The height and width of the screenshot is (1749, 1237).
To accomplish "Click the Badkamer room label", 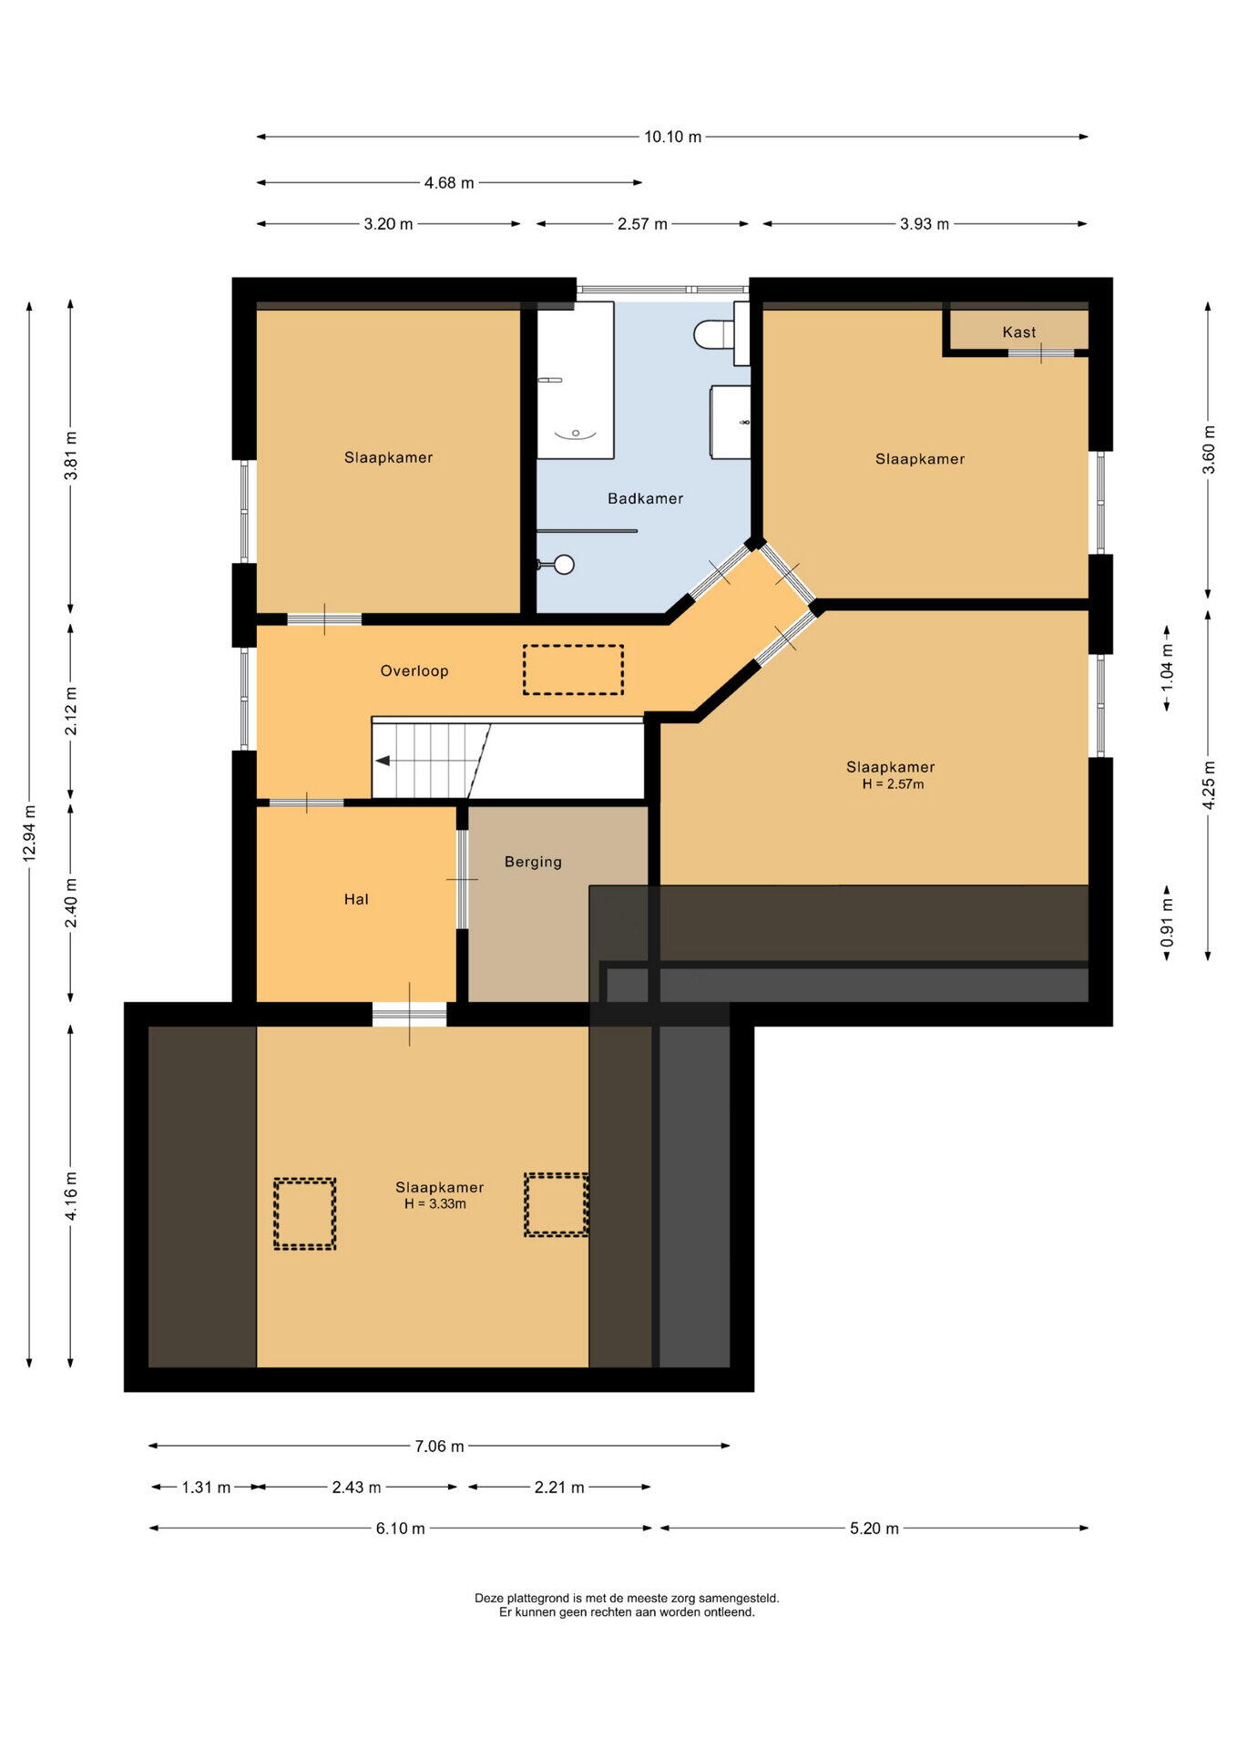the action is point(645,498).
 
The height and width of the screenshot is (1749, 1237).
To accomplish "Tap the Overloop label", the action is point(414,671).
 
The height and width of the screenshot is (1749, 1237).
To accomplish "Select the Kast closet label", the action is point(1019,332).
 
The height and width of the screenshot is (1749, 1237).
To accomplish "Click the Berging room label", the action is point(533,862).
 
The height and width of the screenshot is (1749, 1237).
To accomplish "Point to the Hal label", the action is point(356,899).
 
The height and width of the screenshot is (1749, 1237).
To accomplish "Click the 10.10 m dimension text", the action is point(673,137).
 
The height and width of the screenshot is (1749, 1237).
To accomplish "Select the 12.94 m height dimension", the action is point(29,834).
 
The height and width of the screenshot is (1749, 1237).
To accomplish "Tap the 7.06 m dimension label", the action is point(440,1446).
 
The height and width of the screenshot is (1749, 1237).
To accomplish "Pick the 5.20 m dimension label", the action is point(874,1528).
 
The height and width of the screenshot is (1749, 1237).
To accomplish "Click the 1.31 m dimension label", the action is point(206,1487).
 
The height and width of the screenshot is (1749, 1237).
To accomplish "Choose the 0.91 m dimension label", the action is point(1167,922).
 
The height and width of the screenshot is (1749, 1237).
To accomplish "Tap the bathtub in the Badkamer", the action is point(575,381).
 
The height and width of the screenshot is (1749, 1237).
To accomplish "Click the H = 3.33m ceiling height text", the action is point(435,1203).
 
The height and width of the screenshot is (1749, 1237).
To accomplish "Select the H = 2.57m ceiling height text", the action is point(893,783).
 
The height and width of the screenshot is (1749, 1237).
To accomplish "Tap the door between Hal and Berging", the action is point(462,879).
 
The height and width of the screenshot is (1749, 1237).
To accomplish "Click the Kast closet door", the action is point(1040,353).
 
